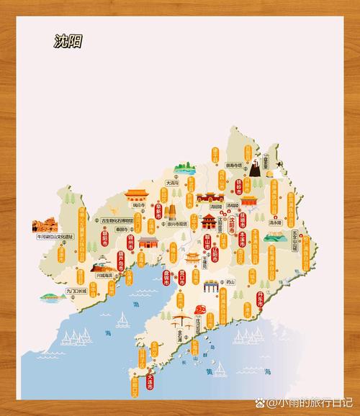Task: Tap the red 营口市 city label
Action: click(x=182, y=279)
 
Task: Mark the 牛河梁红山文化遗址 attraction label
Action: click(x=56, y=236)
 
